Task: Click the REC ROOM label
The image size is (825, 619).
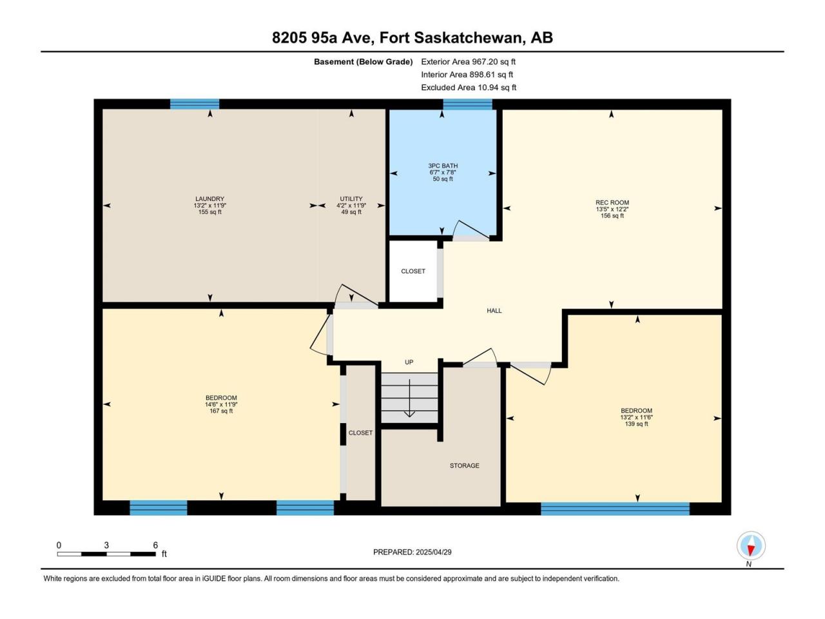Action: click(612, 202)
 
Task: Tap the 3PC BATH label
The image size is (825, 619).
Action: click(443, 166)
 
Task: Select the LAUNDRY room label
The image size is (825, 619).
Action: click(209, 199)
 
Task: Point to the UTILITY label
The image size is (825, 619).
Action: click(351, 199)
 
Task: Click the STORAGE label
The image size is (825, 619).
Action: click(465, 466)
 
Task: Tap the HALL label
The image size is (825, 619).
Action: click(494, 310)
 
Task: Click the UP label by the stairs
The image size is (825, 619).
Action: click(409, 362)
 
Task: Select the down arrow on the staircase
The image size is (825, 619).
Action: click(409, 398)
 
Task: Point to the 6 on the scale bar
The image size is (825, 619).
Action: click(155, 545)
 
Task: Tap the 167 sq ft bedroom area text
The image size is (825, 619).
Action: click(221, 411)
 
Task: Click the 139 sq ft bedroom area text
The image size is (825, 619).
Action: click(636, 424)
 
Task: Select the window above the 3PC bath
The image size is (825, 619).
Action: click(467, 104)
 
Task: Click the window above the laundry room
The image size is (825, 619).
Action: click(195, 104)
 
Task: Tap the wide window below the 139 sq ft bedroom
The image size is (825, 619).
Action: click(615, 509)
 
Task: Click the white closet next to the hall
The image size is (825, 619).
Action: click(413, 271)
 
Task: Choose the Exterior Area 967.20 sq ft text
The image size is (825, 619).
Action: click(469, 62)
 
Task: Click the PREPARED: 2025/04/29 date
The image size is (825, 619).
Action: click(412, 552)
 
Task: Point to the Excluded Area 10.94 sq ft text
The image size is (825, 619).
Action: click(469, 88)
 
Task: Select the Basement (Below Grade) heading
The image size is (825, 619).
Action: click(364, 62)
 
